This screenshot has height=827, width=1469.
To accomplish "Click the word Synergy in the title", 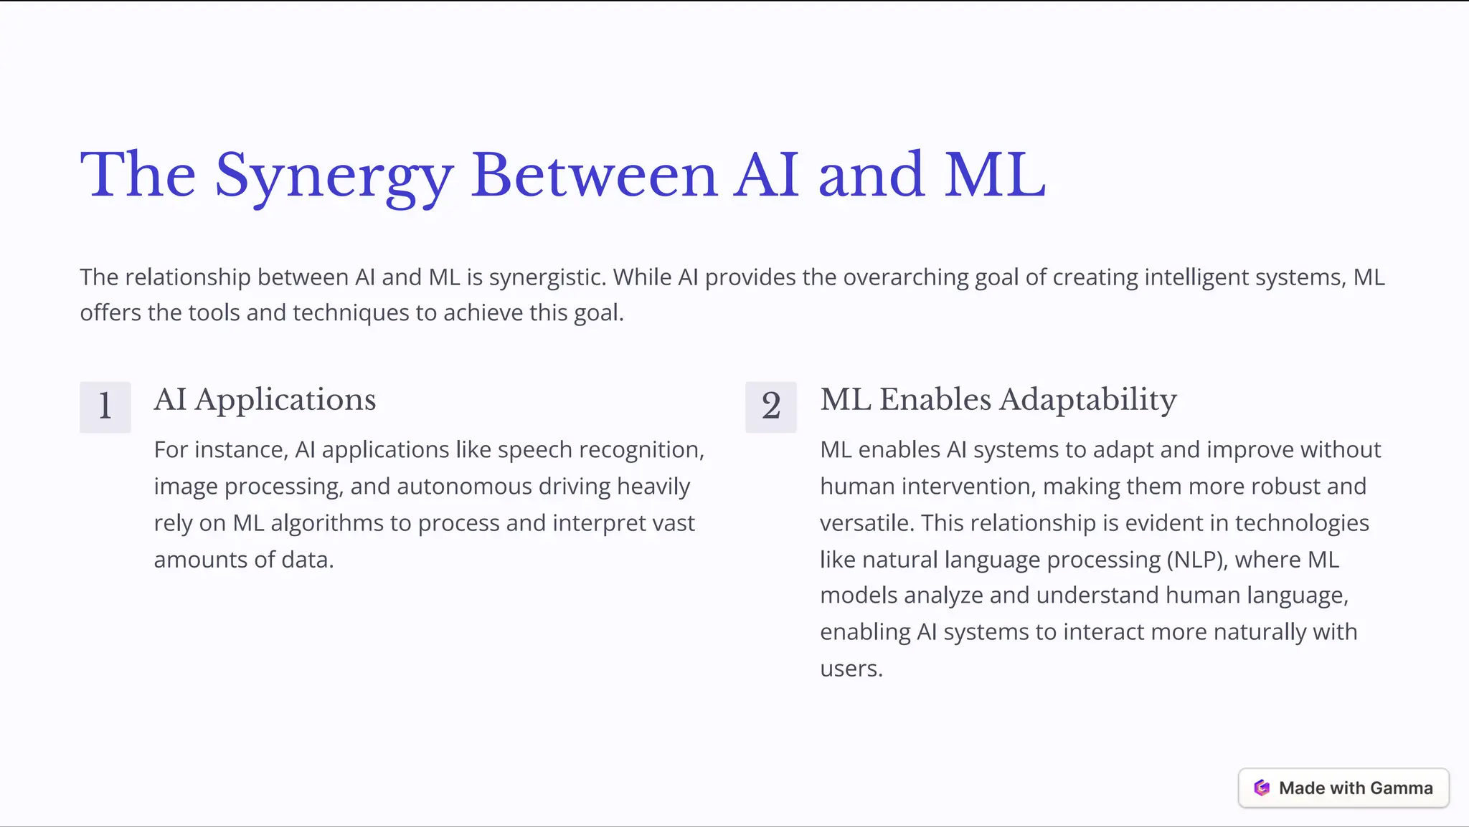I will [x=334, y=176].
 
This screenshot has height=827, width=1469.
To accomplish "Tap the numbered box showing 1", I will [x=105, y=406].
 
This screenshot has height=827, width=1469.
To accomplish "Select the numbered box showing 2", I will [x=771, y=406].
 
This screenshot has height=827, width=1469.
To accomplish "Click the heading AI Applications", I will [x=265, y=400].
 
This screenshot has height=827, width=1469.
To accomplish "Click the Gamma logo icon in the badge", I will [x=1262, y=788].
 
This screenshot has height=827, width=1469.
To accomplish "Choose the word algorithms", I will [x=327, y=523].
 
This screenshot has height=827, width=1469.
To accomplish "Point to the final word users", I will [x=851, y=669].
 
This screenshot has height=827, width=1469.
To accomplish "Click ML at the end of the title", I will [x=995, y=176].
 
